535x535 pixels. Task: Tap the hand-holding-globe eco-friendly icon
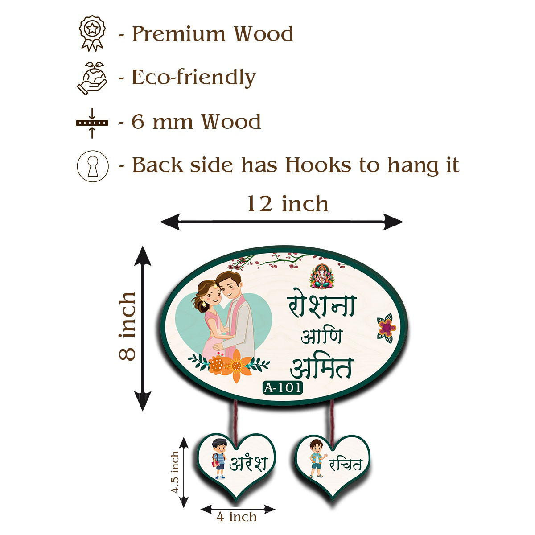tap(92, 78)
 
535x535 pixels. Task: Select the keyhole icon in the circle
tap(93, 166)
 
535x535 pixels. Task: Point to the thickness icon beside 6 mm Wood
tap(92, 122)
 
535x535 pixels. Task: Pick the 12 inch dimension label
tap(287, 204)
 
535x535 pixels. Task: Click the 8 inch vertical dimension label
tap(128, 326)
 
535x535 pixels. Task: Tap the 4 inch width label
tap(237, 517)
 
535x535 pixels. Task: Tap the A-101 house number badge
tap(283, 387)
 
